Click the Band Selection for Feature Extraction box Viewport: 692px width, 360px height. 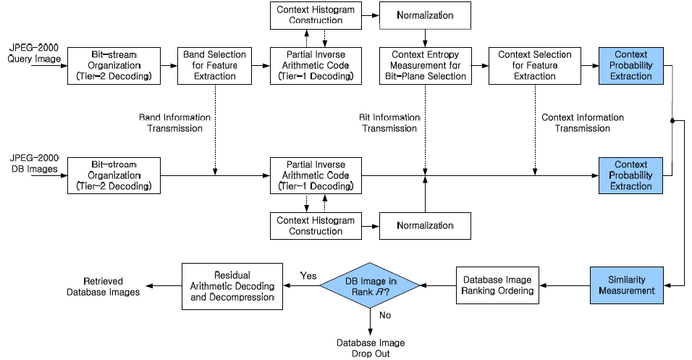[214, 65]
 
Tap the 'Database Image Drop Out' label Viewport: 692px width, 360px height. [370, 347]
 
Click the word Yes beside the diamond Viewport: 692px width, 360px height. [309, 275]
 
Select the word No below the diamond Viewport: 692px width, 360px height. [385, 314]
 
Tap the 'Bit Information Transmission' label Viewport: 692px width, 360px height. [388, 122]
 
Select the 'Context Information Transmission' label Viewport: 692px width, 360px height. [582, 122]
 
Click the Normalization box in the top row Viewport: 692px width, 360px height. [425, 15]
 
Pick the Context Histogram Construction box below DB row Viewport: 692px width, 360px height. [316, 225]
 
